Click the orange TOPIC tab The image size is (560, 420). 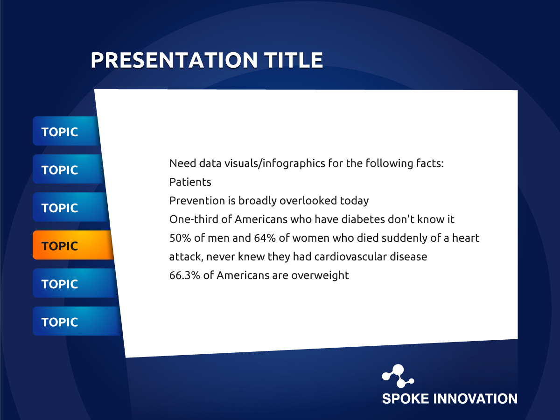point(73,245)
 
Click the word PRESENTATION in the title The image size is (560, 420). point(174,60)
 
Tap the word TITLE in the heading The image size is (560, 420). point(294,60)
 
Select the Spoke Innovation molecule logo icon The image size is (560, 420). point(398,376)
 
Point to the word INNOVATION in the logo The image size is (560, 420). point(475,399)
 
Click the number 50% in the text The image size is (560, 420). point(180,238)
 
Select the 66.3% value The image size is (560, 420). point(185,275)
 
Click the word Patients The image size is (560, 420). point(190,182)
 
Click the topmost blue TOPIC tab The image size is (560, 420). point(66,131)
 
